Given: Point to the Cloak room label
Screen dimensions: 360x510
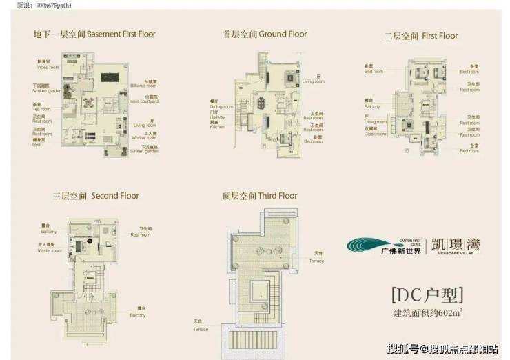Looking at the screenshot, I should [374, 134].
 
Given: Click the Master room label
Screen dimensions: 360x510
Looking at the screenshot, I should [49, 250].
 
